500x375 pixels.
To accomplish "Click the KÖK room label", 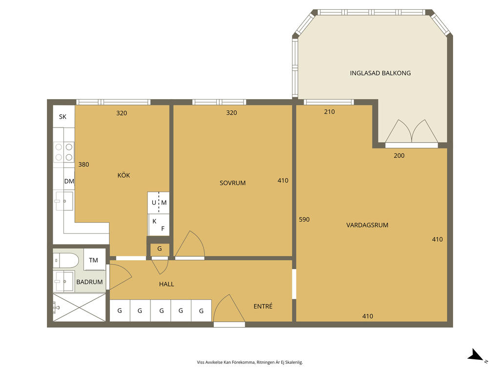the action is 124,175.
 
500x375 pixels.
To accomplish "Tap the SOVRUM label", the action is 232,183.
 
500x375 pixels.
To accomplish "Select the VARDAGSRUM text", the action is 367,225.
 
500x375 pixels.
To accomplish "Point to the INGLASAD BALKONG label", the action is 380,73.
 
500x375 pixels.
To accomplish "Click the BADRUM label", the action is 89,282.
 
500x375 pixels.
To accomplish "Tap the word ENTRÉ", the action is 263,306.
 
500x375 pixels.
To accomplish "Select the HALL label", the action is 167,284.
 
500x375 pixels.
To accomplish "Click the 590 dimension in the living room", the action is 304,219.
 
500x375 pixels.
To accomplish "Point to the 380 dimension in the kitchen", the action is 83,165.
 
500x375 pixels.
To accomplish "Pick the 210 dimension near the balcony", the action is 330,112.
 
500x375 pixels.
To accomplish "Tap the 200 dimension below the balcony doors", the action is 399,156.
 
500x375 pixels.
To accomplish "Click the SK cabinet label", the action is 62,117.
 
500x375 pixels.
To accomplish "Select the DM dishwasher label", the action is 69,181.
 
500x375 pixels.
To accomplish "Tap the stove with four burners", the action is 64,152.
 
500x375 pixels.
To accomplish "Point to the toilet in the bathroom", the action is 66,260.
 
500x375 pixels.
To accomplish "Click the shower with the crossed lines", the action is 79,308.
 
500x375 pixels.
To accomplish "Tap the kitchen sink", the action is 64,201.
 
